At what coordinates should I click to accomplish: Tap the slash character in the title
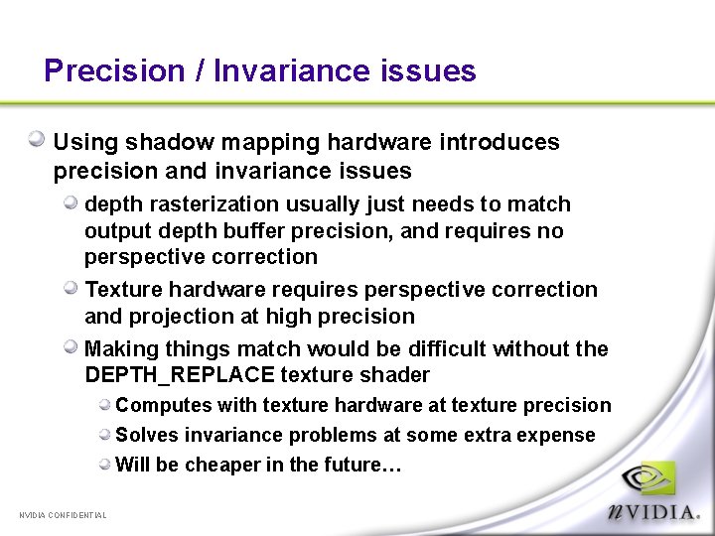click(199, 71)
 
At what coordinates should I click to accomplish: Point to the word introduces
click(502, 143)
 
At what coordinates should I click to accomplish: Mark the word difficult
click(435, 349)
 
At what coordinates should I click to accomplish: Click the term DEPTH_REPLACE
click(180, 375)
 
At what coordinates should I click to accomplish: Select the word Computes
click(158, 405)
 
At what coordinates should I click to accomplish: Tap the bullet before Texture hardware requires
click(71, 288)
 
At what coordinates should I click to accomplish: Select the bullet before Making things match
click(71, 347)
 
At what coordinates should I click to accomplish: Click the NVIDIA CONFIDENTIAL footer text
click(63, 515)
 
